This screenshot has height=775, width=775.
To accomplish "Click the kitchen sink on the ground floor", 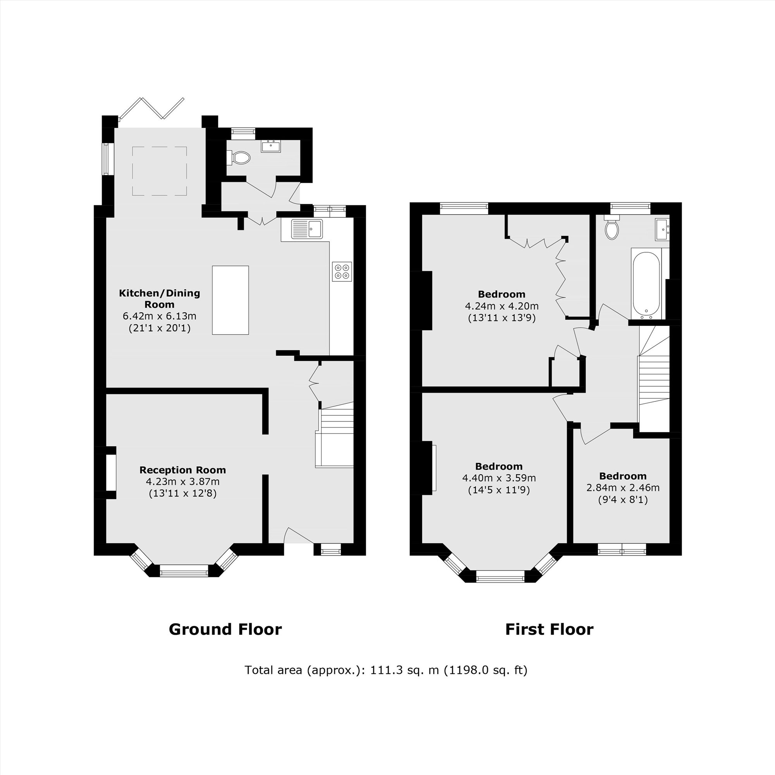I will tap(307, 229).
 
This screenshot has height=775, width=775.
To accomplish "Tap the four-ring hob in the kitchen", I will tap(342, 271).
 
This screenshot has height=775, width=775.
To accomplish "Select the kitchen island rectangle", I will tap(230, 300).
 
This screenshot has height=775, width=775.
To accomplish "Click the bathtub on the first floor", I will tap(646, 284).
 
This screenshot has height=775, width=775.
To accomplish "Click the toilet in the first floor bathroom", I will tap(612, 229).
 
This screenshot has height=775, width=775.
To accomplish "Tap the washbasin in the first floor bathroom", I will tap(662, 229).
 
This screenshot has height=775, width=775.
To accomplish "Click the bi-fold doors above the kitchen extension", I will tap(152, 108).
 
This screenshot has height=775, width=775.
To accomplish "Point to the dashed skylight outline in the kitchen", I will tap(160, 171).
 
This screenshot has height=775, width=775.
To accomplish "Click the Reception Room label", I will tap(183, 470).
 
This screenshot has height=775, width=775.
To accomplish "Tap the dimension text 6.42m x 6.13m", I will tap(159, 316).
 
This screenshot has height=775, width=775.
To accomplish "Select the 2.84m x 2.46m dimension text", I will tap(623, 488).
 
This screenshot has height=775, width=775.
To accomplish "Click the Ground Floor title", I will tap(225, 629).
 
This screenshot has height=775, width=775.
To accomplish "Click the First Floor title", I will tap(549, 629).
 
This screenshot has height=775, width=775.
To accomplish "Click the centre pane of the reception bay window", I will tap(184, 570).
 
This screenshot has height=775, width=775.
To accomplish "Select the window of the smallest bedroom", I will tap(622, 549).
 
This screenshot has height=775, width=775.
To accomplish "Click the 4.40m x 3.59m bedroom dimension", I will tap(499, 478).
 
